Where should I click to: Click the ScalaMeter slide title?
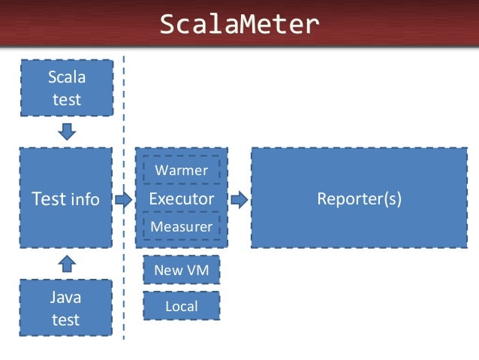pos(239,26)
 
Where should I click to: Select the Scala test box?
pos(66,88)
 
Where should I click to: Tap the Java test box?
pos(66,308)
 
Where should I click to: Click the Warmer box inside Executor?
pos(181,170)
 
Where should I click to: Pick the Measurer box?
pos(181,226)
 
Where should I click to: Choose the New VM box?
pos(181,270)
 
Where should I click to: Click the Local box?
pos(181,306)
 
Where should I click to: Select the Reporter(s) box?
pos(358,198)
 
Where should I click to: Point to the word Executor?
pos(181,198)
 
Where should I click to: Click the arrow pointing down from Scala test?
pos(67,132)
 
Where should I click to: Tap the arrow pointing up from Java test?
pos(67,263)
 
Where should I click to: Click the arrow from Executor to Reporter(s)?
pos(239,199)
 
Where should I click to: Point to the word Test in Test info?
pos(47,198)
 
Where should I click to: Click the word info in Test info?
pos(85,200)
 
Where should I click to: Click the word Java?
pos(66,298)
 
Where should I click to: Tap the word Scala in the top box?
pos(66,77)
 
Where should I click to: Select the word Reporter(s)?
pos(358,198)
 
